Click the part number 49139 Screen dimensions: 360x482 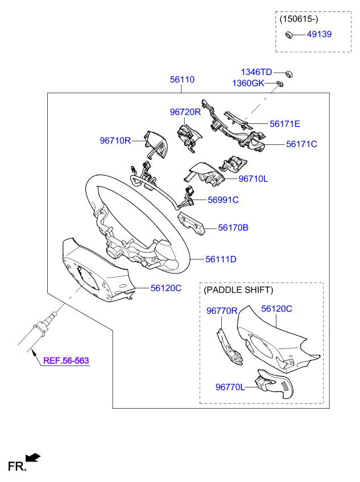[x=319, y=34]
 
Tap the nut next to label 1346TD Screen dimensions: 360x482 [x=289, y=74]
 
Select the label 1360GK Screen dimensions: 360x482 [x=248, y=84]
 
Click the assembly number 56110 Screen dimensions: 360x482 [x=182, y=80]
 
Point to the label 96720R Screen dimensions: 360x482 [x=185, y=112]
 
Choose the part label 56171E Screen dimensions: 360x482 [x=284, y=124]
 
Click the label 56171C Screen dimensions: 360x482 [x=301, y=144]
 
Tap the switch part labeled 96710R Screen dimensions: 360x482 [x=156, y=144]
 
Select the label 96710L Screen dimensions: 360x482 [x=253, y=178]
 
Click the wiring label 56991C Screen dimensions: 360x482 [x=223, y=200]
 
